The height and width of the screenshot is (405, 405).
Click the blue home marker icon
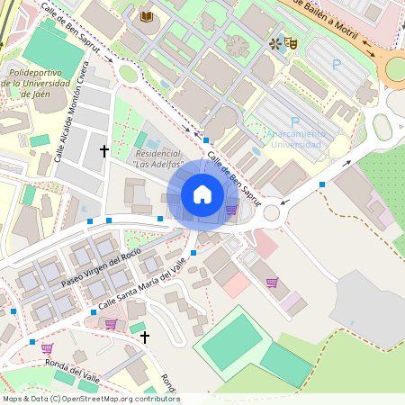[x=202, y=194]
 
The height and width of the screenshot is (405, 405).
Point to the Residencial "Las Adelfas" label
[x=158, y=158]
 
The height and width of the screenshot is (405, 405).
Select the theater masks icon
[x=291, y=42]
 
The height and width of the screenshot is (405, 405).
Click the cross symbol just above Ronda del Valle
[x=144, y=337]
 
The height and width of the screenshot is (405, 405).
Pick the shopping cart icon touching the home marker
[x=231, y=210]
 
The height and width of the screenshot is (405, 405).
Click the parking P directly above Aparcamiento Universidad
[x=295, y=121]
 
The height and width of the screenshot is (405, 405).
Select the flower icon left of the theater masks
[x=274, y=42]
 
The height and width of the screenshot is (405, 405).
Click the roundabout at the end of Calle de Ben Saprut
[x=272, y=212]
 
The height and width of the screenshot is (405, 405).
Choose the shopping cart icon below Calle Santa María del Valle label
[x=111, y=324]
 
